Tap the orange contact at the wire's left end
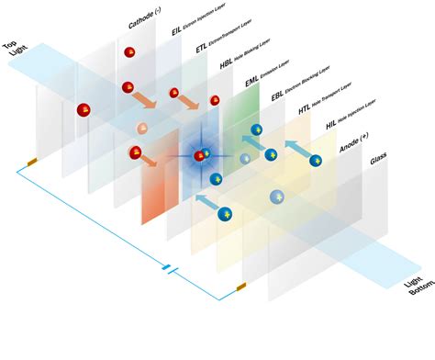tap(31, 163)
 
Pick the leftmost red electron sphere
tap(84, 111)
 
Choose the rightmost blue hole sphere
tap(317, 162)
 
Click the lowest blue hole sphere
tap(226, 214)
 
